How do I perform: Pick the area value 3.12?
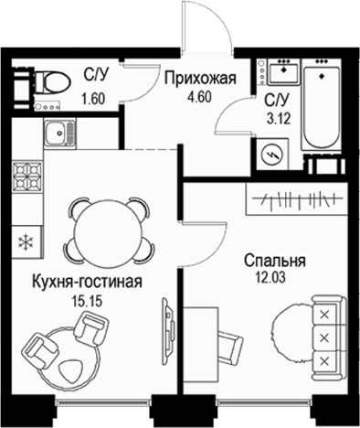click(x=277, y=114)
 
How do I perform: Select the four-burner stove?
click(x=28, y=176)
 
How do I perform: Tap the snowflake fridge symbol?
click(x=26, y=241)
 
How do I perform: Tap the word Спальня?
click(x=274, y=261)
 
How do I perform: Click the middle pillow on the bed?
click(x=323, y=338)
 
